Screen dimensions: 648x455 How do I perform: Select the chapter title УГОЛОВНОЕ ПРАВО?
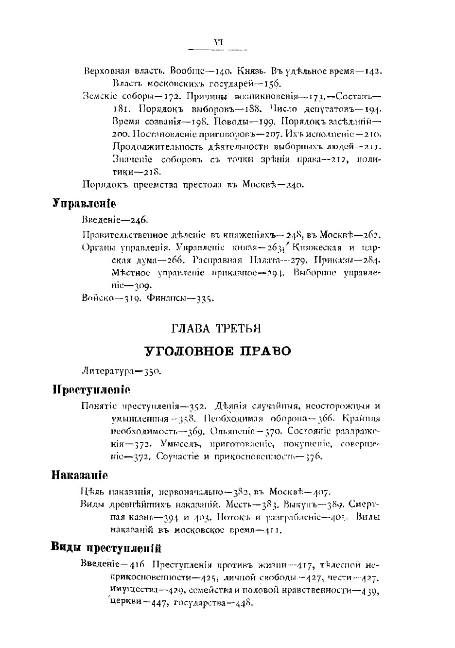[x=217, y=350]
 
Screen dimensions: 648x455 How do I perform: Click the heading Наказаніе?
[x=80, y=474]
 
